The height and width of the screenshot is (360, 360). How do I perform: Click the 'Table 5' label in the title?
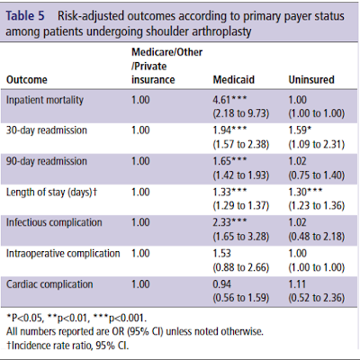[x=25, y=16]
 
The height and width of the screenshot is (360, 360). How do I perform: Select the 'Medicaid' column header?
[x=234, y=80]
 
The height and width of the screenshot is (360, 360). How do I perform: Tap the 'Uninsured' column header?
[x=311, y=80]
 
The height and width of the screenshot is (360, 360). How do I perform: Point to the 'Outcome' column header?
[x=27, y=80]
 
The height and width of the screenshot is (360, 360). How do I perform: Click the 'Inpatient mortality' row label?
[x=45, y=100]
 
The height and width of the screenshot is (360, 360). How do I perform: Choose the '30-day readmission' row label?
[x=47, y=130]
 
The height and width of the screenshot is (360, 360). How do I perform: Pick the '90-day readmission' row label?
[x=47, y=161]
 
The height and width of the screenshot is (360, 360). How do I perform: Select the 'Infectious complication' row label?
[x=54, y=222]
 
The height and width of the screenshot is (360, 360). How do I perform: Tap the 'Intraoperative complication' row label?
[x=63, y=254]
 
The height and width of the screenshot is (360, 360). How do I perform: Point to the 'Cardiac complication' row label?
[x=49, y=284]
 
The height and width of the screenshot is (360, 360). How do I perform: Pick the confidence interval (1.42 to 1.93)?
[x=241, y=175]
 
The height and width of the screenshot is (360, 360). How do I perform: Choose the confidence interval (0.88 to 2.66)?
[x=241, y=267]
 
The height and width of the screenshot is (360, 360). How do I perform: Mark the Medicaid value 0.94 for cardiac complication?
[x=222, y=284]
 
